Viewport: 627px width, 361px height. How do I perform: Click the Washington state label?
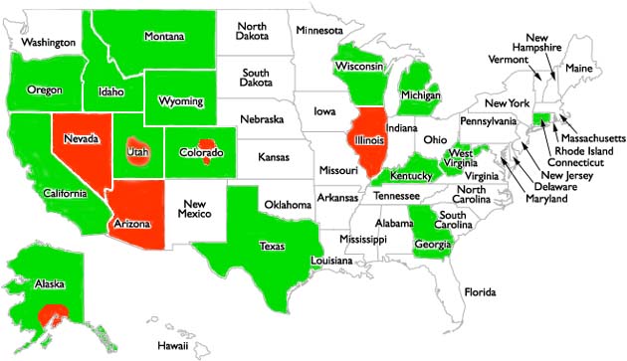[x=50, y=43]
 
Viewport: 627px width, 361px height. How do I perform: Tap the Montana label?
[x=164, y=37]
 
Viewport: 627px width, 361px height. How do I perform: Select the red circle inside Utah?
[x=136, y=152]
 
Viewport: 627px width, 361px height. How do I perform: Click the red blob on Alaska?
[x=51, y=318]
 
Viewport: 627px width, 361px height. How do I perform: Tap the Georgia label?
[x=432, y=244]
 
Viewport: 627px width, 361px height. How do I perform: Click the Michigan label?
[x=421, y=95]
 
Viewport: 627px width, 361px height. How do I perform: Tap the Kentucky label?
[x=411, y=176]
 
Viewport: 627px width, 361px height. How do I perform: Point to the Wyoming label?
[x=182, y=101]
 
